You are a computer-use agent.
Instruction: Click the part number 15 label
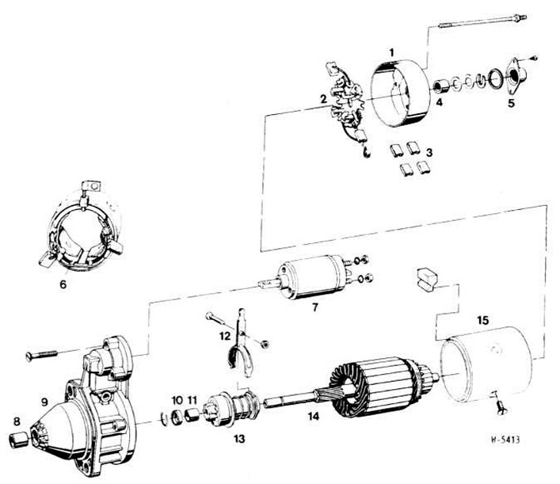pos(482,320)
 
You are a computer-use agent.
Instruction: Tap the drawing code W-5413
pos(505,440)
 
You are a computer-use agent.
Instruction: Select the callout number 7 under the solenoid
pos(314,307)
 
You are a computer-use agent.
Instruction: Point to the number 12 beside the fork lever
pos(225,336)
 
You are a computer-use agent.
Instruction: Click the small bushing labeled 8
pos(18,440)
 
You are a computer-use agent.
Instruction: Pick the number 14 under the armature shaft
pos(314,416)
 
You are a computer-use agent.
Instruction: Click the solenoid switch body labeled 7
pos(313,276)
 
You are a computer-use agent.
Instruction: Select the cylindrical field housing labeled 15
pos(486,365)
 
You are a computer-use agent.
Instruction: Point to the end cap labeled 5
pos(513,77)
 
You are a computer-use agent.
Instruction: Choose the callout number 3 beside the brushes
pos(429,153)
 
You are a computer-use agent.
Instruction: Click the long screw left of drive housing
pos(42,355)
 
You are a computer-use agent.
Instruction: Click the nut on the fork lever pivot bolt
pos(265,345)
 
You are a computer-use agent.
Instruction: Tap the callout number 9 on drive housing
pos(44,402)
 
